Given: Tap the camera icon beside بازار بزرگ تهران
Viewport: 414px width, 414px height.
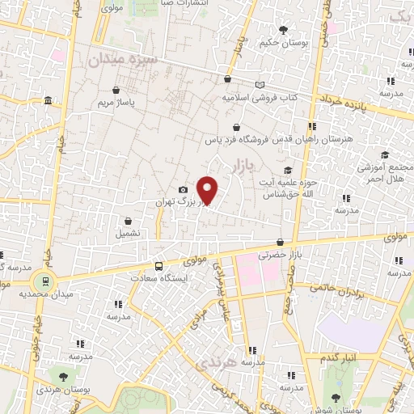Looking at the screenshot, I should click(183, 189).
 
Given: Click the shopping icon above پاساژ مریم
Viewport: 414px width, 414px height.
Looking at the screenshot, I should click(117, 90).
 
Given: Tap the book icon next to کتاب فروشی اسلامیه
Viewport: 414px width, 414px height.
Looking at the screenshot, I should click(259, 84).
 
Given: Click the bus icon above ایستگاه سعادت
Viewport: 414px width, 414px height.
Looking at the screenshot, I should click(158, 266).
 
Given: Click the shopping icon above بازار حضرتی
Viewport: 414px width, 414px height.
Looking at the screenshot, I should click(280, 242).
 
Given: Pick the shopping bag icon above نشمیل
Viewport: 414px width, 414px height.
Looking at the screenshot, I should click(128, 220).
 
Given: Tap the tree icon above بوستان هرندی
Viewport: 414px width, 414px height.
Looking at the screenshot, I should click(61, 377).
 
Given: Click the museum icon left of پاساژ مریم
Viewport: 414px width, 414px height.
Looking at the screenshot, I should click(49, 100).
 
